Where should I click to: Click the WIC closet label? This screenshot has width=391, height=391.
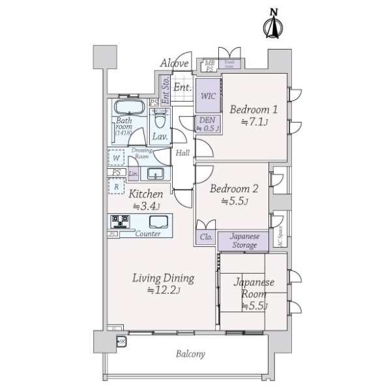tap(209, 96)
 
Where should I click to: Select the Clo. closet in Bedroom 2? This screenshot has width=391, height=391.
tap(206, 238)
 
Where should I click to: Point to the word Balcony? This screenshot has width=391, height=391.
tap(190, 355)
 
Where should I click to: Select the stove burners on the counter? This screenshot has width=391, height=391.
tap(122, 221)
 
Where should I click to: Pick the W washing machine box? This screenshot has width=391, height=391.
tap(115, 158)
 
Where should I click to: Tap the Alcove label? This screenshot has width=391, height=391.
tap(174, 63)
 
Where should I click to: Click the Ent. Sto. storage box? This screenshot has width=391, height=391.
tap(165, 91)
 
